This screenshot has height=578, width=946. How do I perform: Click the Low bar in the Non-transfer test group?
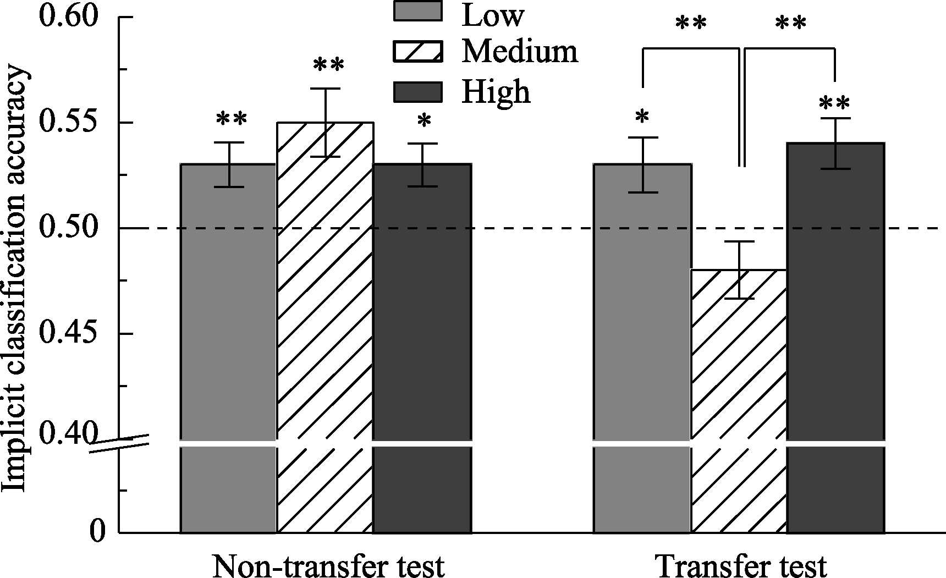point(228,348)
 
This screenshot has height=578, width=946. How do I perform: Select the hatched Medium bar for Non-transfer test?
point(325,328)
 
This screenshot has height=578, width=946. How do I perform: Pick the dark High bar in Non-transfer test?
point(422,348)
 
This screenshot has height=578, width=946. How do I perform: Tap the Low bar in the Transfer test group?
point(642,348)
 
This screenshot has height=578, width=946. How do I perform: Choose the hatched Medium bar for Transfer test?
point(739,401)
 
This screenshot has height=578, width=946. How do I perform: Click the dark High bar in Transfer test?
point(835,338)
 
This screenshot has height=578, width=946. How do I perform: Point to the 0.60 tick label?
point(67,17)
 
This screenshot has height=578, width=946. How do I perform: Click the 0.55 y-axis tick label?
point(67,123)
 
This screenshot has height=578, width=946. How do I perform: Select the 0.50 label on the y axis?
point(67,228)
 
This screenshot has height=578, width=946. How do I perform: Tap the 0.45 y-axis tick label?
point(67,333)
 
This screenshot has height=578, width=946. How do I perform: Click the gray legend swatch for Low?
point(418,11)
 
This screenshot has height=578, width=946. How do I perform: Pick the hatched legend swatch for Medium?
point(418,52)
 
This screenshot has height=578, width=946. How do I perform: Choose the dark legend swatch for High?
point(418,92)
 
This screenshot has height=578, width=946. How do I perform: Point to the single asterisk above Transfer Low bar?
point(642,117)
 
